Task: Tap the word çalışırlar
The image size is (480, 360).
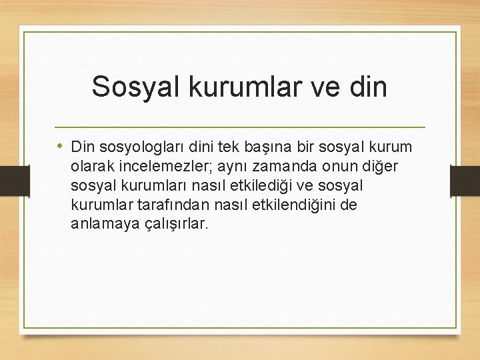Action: click(x=172, y=223)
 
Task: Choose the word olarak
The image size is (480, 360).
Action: click(x=90, y=165)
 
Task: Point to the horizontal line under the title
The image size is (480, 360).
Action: click(x=239, y=127)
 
